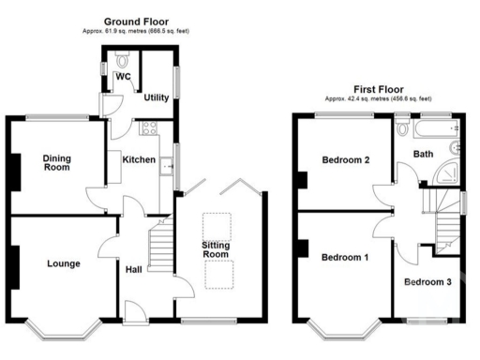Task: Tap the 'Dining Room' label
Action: point(57,163)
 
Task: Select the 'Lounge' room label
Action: point(63,263)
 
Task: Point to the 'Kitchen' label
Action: point(139,160)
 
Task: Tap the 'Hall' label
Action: point(135,271)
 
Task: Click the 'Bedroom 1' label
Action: point(345,257)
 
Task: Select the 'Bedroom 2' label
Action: point(345,160)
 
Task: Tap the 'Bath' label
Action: point(423,154)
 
